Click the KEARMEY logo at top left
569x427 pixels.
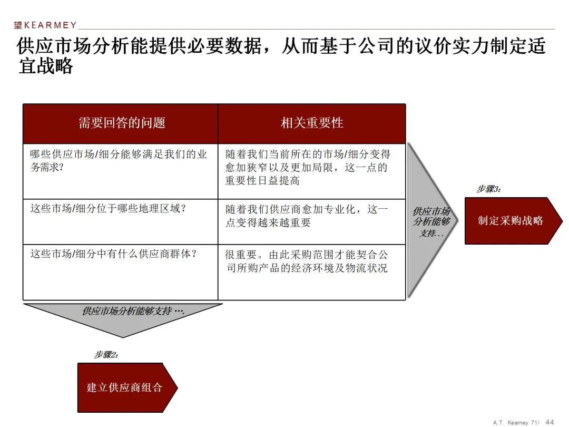45,25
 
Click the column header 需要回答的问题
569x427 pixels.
122,123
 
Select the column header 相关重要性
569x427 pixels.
312,123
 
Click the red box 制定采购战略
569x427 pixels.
511,221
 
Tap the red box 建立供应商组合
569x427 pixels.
125,387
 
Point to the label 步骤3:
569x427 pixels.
488,189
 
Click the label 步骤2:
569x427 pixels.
106,355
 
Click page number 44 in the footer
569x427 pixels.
550,422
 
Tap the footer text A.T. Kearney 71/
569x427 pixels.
516,422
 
